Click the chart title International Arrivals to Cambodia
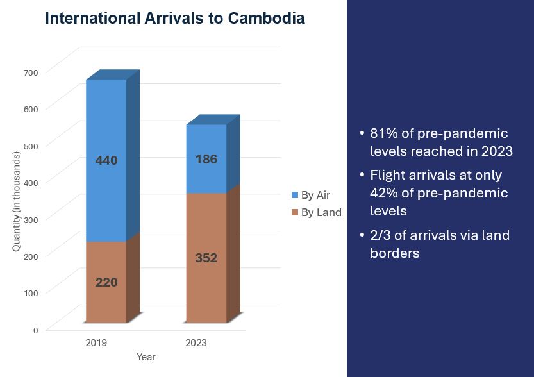174,19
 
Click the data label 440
106,160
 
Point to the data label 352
206,258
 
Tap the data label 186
206,159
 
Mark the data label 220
106,281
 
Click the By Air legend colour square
294,195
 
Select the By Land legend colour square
294,212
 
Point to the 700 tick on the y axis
31,72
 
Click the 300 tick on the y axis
31,219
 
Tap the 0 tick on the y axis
36,330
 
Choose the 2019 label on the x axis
96,343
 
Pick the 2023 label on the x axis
196,343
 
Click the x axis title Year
146,357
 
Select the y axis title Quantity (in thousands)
17,201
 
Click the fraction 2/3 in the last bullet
380,235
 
